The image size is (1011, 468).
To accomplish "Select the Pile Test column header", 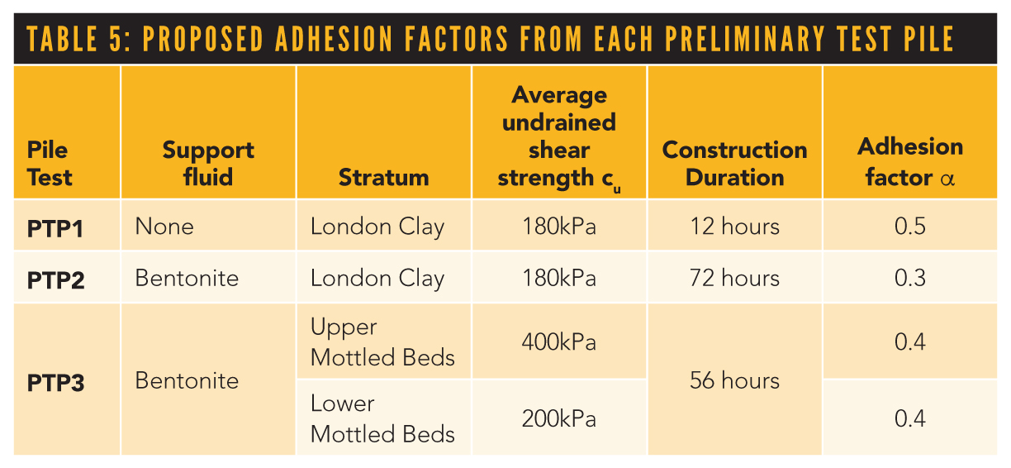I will (50, 163).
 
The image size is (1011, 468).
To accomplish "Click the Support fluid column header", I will (208, 163).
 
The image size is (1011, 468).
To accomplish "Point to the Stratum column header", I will (383, 177).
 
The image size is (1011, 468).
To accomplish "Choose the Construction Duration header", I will (734, 163).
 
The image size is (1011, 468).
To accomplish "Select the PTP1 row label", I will (55, 227).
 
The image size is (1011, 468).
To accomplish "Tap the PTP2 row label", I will (55, 279).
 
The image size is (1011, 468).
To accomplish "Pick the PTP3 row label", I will (55, 382).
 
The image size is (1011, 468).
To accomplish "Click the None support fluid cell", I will (165, 227).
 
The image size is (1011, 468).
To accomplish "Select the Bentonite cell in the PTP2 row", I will (187, 278).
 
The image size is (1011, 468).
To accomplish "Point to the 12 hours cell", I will (734, 227).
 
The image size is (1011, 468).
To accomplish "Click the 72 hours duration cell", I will (734, 278).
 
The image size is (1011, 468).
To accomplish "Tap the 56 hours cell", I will (734, 380).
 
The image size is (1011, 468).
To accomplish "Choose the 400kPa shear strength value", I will (558, 341).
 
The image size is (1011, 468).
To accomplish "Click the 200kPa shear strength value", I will (558, 418).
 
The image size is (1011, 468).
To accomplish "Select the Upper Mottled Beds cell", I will (382, 341).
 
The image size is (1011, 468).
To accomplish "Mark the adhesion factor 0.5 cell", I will (910, 227).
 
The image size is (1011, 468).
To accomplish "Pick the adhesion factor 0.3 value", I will (910, 278).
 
